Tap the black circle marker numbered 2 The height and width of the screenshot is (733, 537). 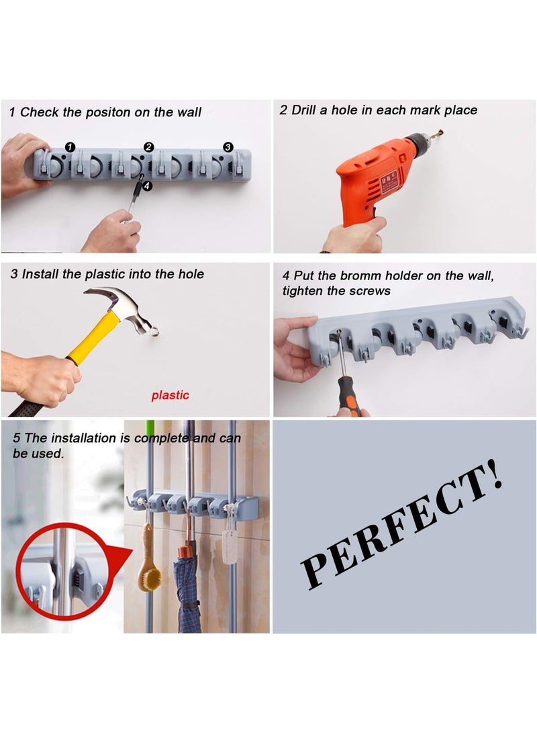click(149, 146)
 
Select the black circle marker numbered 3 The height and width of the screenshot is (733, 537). click(228, 146)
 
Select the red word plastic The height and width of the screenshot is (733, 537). click(170, 395)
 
